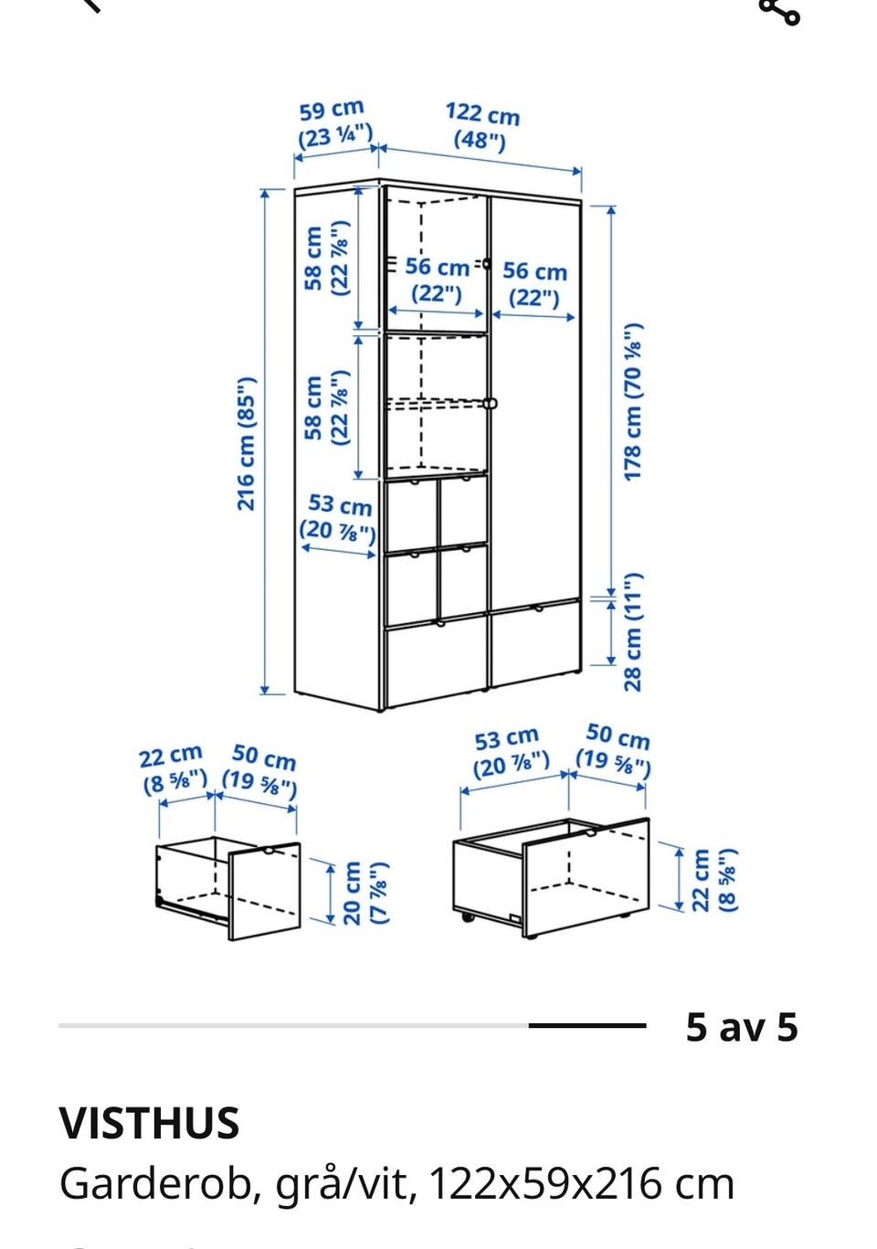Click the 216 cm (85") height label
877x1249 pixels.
[x=246, y=444]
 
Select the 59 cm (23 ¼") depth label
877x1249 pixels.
[x=333, y=124]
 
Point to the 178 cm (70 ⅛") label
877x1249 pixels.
[x=633, y=401]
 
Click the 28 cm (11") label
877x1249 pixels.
[x=633, y=631]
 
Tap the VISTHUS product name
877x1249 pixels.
[x=150, y=1122]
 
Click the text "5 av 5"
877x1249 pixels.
[x=741, y=1027]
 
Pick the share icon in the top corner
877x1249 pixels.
[x=779, y=11]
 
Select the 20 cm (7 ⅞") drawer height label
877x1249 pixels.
[x=365, y=893]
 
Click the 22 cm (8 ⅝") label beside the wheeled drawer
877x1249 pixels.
[x=714, y=881]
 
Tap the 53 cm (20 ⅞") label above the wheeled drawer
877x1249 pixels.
[x=510, y=753]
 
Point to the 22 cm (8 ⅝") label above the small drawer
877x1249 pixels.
[x=174, y=769]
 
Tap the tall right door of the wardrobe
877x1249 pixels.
[x=535, y=401]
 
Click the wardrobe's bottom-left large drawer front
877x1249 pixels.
[x=437, y=662]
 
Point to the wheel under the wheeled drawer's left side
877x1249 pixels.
[x=467, y=916]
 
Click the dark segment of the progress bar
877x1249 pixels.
[x=587, y=1025]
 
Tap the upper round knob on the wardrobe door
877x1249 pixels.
[x=486, y=263]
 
